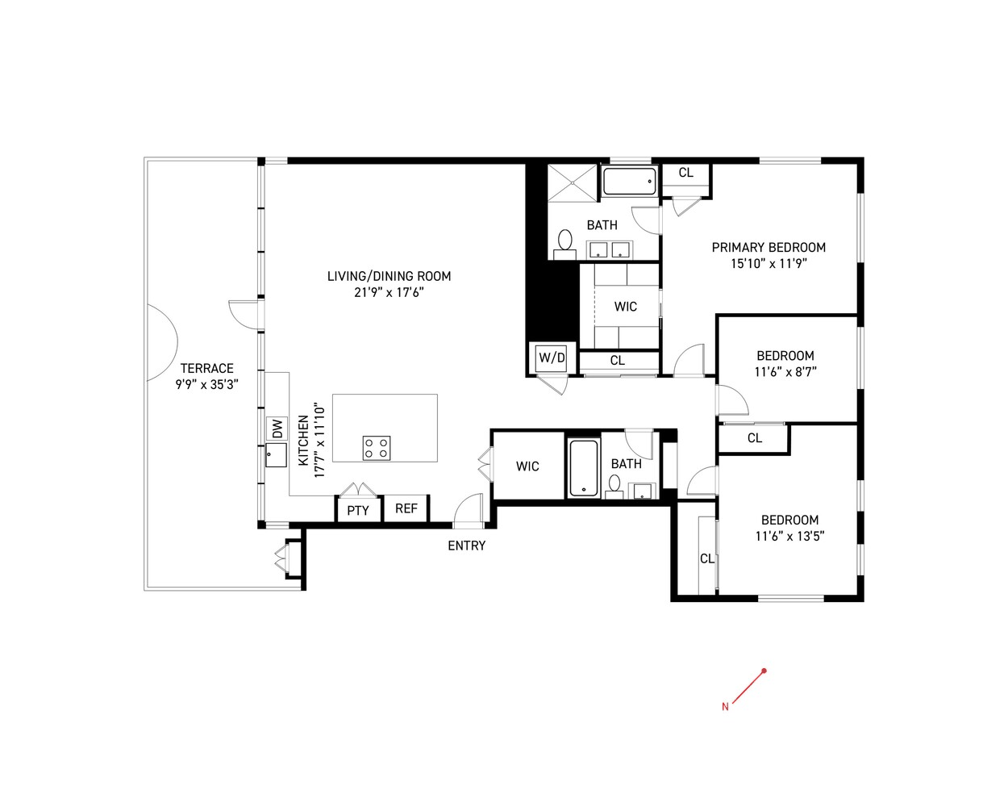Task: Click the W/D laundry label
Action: [x=552, y=358]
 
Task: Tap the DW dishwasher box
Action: [x=277, y=429]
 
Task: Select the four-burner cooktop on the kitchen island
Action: [x=377, y=448]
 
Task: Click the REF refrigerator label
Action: [x=406, y=508]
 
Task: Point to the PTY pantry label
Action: [x=358, y=510]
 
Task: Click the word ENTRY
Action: [x=467, y=546]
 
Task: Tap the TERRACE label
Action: [x=207, y=368]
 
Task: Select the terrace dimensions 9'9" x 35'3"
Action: [x=207, y=384]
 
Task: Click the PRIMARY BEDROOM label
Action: [x=768, y=247]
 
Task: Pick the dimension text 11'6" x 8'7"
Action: [x=785, y=372]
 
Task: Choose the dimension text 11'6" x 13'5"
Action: [x=789, y=536]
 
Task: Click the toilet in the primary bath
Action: [x=565, y=245]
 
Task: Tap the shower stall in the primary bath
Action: [x=573, y=183]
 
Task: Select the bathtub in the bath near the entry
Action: [x=584, y=468]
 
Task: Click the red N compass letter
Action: [x=725, y=707]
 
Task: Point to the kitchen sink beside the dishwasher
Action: [x=276, y=455]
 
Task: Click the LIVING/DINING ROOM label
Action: [x=389, y=276]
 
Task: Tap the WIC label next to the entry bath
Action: [x=527, y=466]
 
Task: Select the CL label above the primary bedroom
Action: [x=685, y=173]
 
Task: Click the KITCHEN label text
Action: [x=303, y=441]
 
